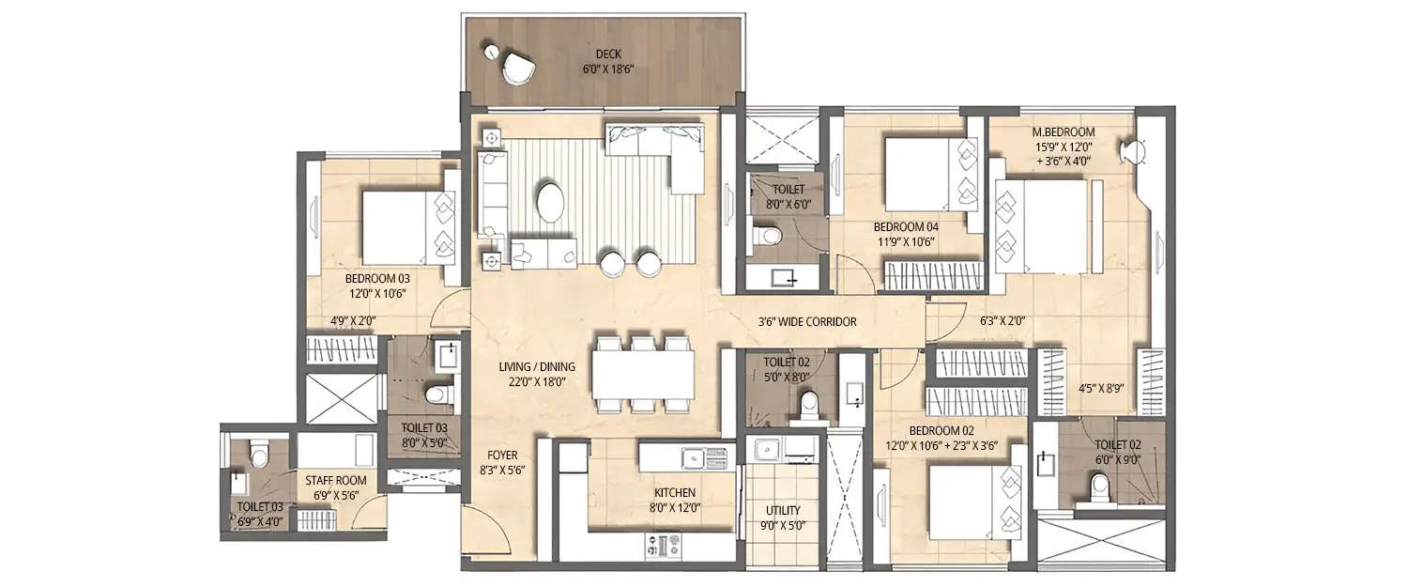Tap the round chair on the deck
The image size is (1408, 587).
click(516, 69)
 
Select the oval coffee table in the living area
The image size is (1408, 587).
click(551, 202)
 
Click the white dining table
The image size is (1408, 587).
click(644, 375)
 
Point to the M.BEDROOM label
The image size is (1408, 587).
click(1063, 132)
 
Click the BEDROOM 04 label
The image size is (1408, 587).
click(905, 226)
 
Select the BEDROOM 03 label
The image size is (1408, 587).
click(377, 279)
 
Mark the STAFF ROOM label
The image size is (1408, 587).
click(336, 480)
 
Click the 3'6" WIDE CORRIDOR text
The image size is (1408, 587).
click(807, 321)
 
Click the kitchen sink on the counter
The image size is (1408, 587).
click(693, 458)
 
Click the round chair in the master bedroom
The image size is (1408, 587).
click(1135, 151)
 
